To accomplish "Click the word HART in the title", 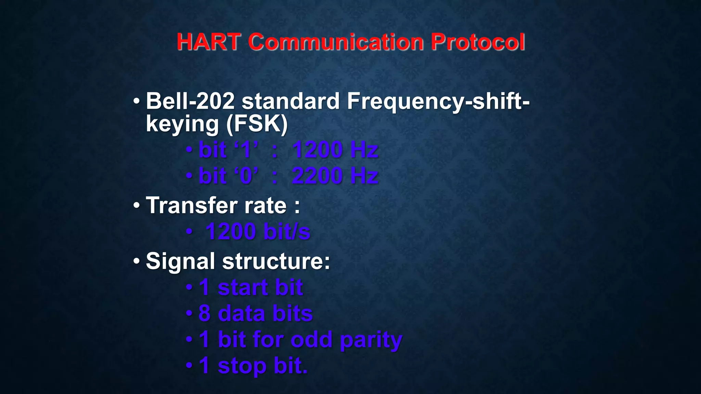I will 208,42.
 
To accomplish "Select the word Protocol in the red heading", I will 478,42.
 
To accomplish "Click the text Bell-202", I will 190,101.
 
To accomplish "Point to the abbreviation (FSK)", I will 257,124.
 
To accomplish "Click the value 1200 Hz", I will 335,150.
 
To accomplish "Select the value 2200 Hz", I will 335,176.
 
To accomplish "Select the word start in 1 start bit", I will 243,287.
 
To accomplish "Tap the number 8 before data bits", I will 204,313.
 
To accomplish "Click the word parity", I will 371,340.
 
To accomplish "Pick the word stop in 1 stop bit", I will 242,366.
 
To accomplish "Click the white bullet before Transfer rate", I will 137,206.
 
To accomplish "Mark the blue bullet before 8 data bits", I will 189,313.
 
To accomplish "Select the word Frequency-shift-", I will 438,101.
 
